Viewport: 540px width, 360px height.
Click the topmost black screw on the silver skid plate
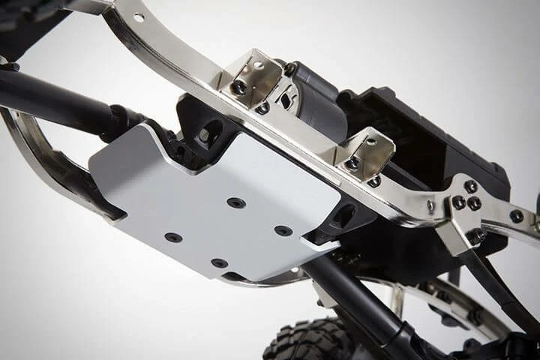tap(236, 202)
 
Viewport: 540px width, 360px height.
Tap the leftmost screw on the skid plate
tap(173, 238)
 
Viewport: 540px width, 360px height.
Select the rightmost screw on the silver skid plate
tap(283, 230)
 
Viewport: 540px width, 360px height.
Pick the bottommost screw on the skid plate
tap(219, 263)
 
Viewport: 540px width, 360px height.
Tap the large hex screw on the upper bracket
tap(239, 88)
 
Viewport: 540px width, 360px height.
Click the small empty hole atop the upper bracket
tap(258, 65)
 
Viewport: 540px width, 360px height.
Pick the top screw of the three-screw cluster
tap(470, 187)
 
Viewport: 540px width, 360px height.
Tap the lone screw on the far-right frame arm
tap(517, 216)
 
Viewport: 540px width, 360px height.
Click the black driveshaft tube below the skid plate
tap(352, 300)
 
